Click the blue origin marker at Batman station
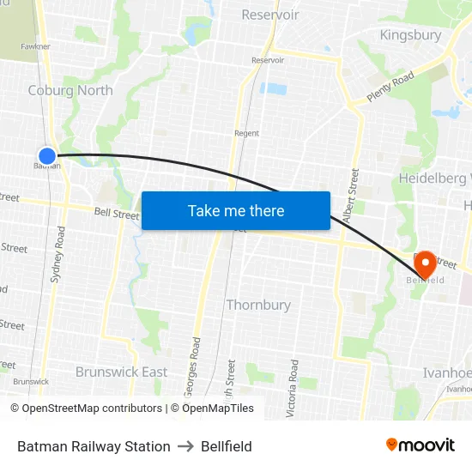47,156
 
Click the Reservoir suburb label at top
270,15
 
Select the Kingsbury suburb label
410,35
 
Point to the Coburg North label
70,90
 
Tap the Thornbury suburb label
258,305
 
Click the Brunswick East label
121,372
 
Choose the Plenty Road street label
390,87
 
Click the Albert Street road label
351,197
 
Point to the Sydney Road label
58,255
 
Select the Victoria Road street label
293,388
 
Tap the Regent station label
246,133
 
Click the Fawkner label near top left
36,46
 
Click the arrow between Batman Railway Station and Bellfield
185,446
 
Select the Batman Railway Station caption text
94,446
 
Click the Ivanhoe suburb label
447,372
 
